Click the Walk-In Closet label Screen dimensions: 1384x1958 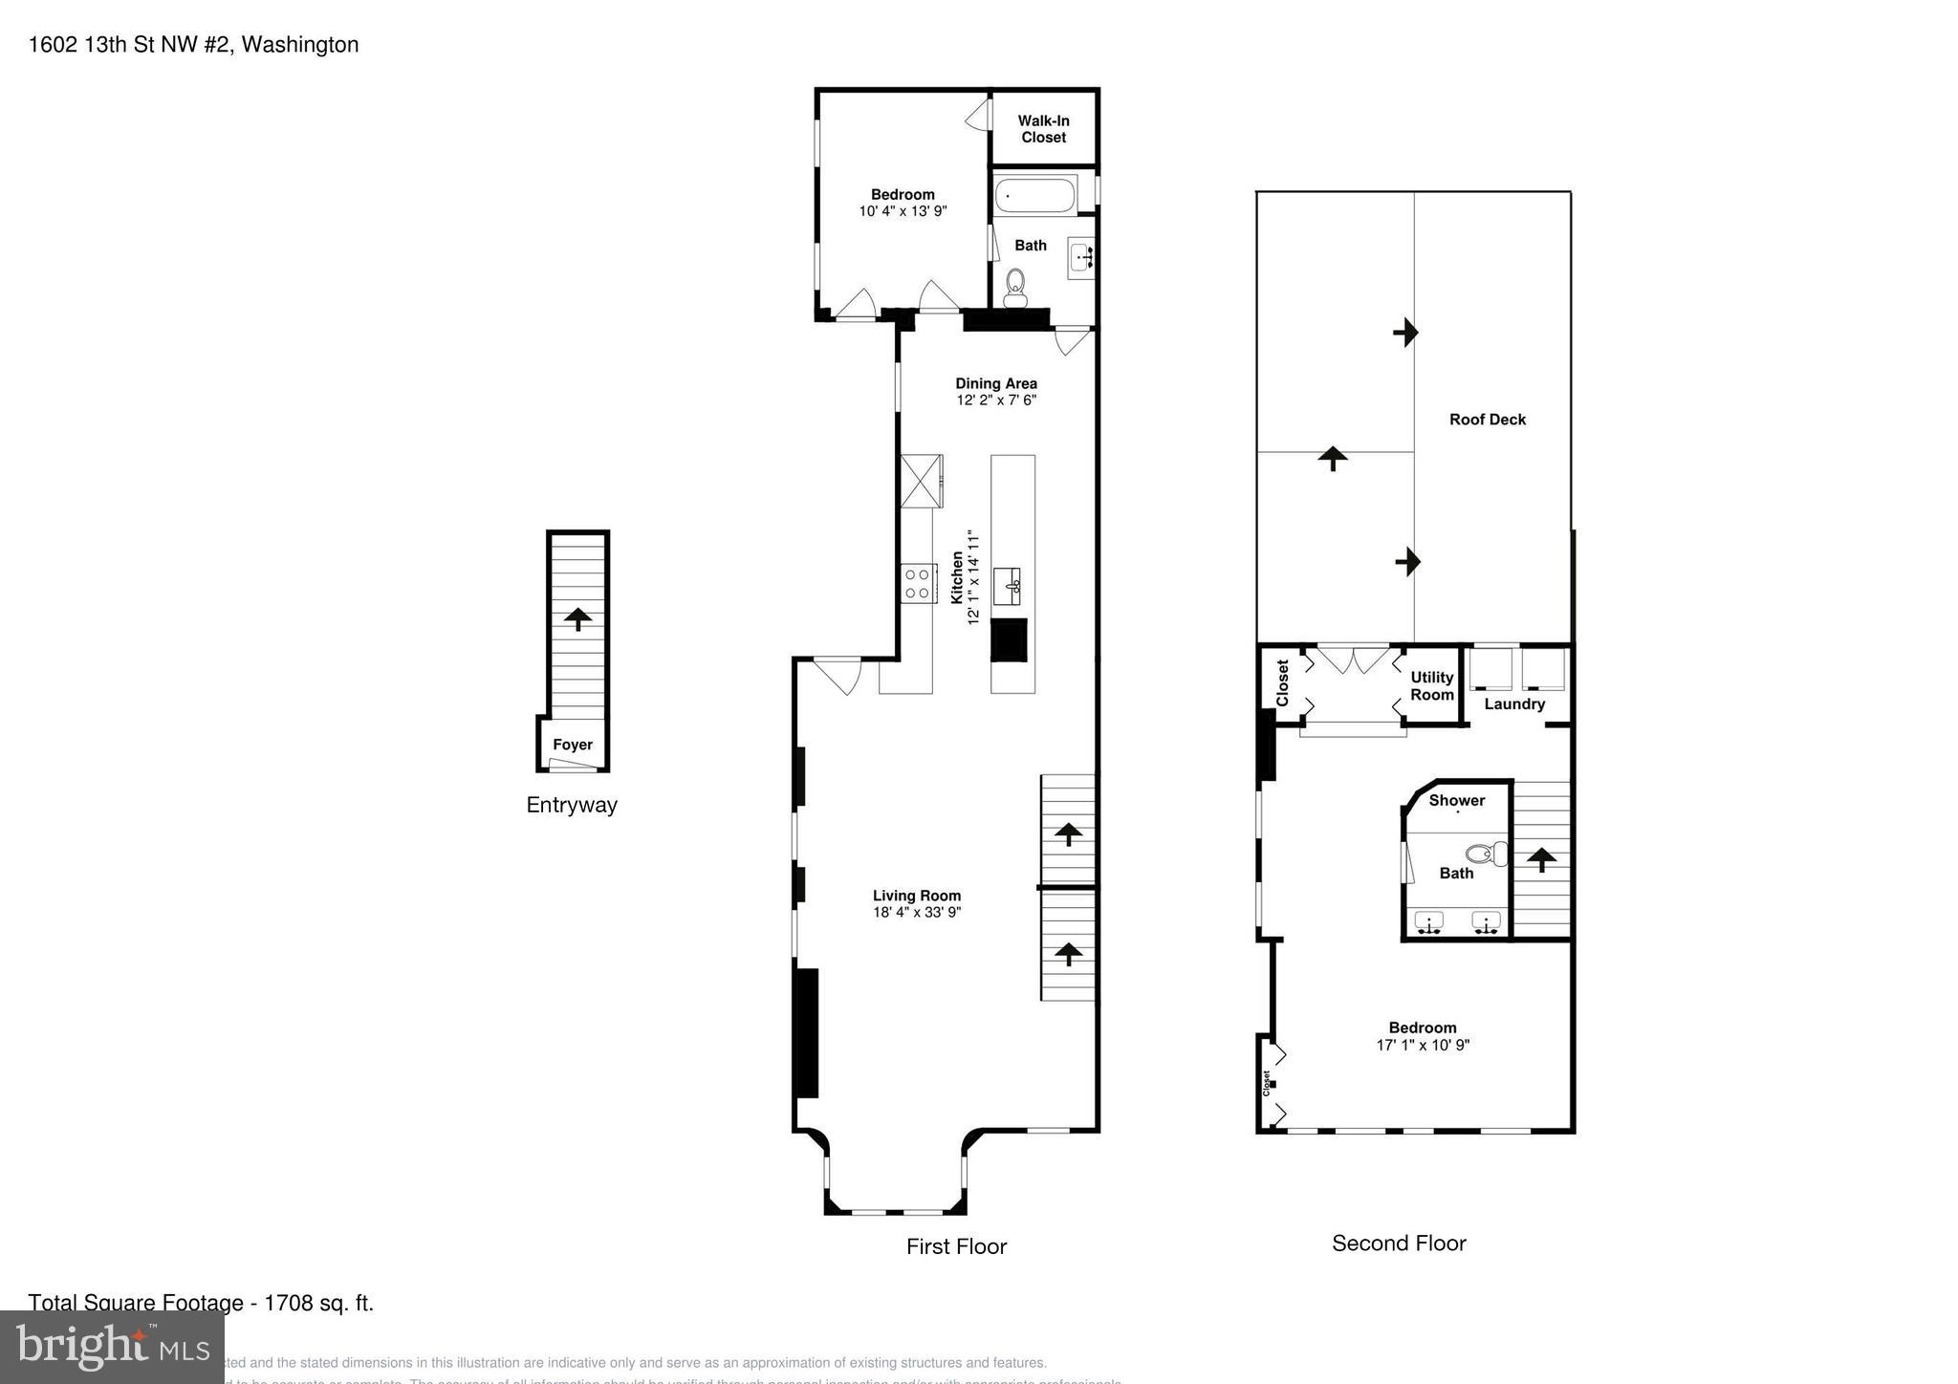pyautogui.click(x=1043, y=129)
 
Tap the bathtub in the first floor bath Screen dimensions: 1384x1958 pyautogui.click(x=1035, y=197)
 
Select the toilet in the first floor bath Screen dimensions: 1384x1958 pyautogui.click(x=1015, y=288)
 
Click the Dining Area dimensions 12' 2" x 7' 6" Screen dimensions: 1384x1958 pyautogui.click(x=996, y=400)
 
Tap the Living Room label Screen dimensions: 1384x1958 pyautogui.click(x=916, y=896)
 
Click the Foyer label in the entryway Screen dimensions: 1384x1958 pyautogui.click(x=573, y=745)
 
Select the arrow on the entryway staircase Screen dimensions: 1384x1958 pyautogui.click(x=577, y=618)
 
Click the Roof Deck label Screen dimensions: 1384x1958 pyautogui.click(x=1487, y=420)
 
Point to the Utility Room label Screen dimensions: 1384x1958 pyautogui.click(x=1431, y=686)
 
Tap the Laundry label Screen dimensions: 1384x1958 pyautogui.click(x=1513, y=704)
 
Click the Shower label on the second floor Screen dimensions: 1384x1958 pyautogui.click(x=1456, y=800)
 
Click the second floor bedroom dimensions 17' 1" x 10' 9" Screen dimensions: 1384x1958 pyautogui.click(x=1422, y=1046)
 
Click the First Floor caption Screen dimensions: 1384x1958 pyautogui.click(x=956, y=1246)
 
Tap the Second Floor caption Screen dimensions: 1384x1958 pyautogui.click(x=1398, y=1243)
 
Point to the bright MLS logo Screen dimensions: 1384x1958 pyautogui.click(x=112, y=1348)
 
